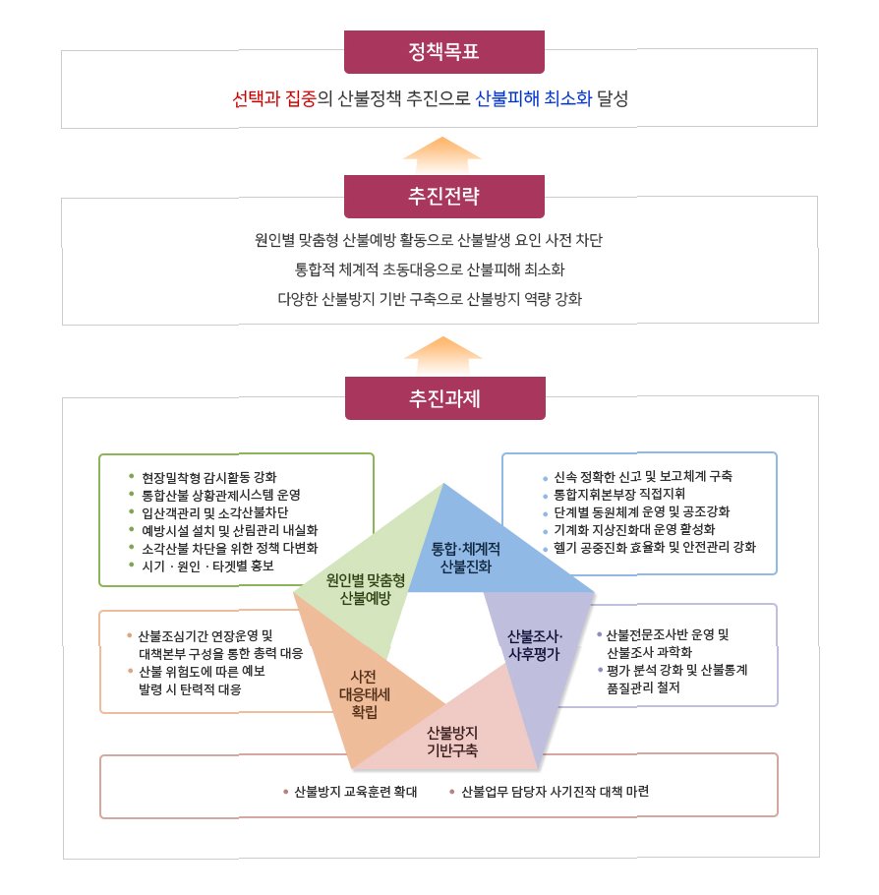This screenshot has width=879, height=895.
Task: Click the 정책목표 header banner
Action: coord(443,52)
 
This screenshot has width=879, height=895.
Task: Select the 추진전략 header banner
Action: coord(443,196)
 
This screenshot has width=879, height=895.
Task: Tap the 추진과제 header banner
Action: coord(443,398)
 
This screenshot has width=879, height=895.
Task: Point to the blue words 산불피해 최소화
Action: coord(533,99)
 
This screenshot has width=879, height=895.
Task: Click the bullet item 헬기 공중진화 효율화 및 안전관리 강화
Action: coord(654,547)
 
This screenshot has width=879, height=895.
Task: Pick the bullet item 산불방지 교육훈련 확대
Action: coord(356,791)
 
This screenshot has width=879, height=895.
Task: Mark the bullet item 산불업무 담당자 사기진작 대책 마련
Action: coord(555,791)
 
